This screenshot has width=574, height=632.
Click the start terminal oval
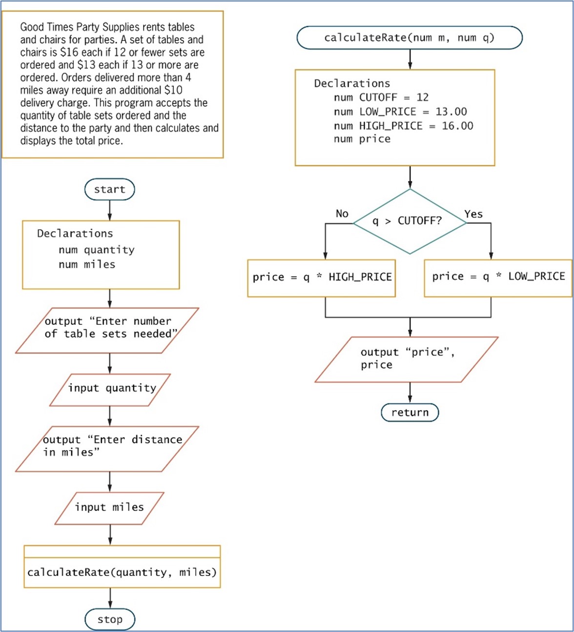109,189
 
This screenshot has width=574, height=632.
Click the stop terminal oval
110,619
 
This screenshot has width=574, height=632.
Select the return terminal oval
410,413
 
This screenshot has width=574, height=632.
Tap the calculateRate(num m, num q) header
410,38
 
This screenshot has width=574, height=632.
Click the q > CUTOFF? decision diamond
410,221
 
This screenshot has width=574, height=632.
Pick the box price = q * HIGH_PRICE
321,277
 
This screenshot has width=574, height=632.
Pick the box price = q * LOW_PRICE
498,277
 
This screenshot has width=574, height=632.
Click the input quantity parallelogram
110,389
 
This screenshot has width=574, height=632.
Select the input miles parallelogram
109,508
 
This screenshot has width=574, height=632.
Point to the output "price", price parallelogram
406,359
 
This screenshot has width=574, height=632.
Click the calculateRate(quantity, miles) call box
122,572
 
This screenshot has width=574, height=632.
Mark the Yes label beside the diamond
473,214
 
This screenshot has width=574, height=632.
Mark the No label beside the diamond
342,214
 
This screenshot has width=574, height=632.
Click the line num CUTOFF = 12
381,98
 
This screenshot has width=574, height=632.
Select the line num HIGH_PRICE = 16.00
403,126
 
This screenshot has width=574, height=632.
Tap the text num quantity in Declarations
96,250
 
